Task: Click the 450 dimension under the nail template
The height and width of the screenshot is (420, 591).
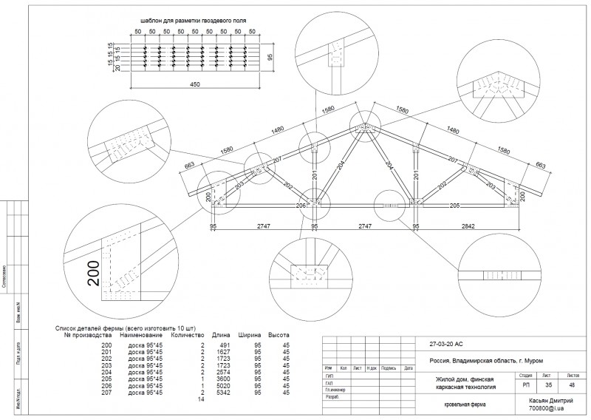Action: (195, 85)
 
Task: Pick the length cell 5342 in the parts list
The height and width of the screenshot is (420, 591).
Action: (223, 393)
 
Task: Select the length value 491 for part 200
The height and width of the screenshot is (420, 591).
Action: (226, 346)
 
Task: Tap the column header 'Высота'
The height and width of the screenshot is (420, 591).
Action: (279, 333)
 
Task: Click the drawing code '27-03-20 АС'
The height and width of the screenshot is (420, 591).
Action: (445, 345)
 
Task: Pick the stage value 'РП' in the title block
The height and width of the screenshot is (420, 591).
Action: (525, 385)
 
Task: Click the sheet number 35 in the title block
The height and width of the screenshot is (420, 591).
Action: (547, 385)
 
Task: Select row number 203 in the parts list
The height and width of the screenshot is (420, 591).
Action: (107, 366)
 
